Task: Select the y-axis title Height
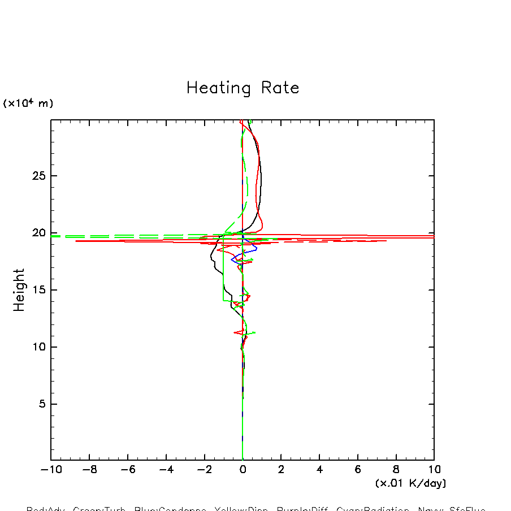[x=19, y=290]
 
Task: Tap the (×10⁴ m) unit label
[x=28, y=103]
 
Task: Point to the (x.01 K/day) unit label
[x=410, y=483]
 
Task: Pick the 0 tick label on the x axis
[x=242, y=470]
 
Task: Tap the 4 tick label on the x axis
[x=319, y=470]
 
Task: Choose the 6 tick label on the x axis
[x=358, y=470]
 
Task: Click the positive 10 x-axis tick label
[x=434, y=470]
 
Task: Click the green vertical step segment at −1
[x=223, y=271]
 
